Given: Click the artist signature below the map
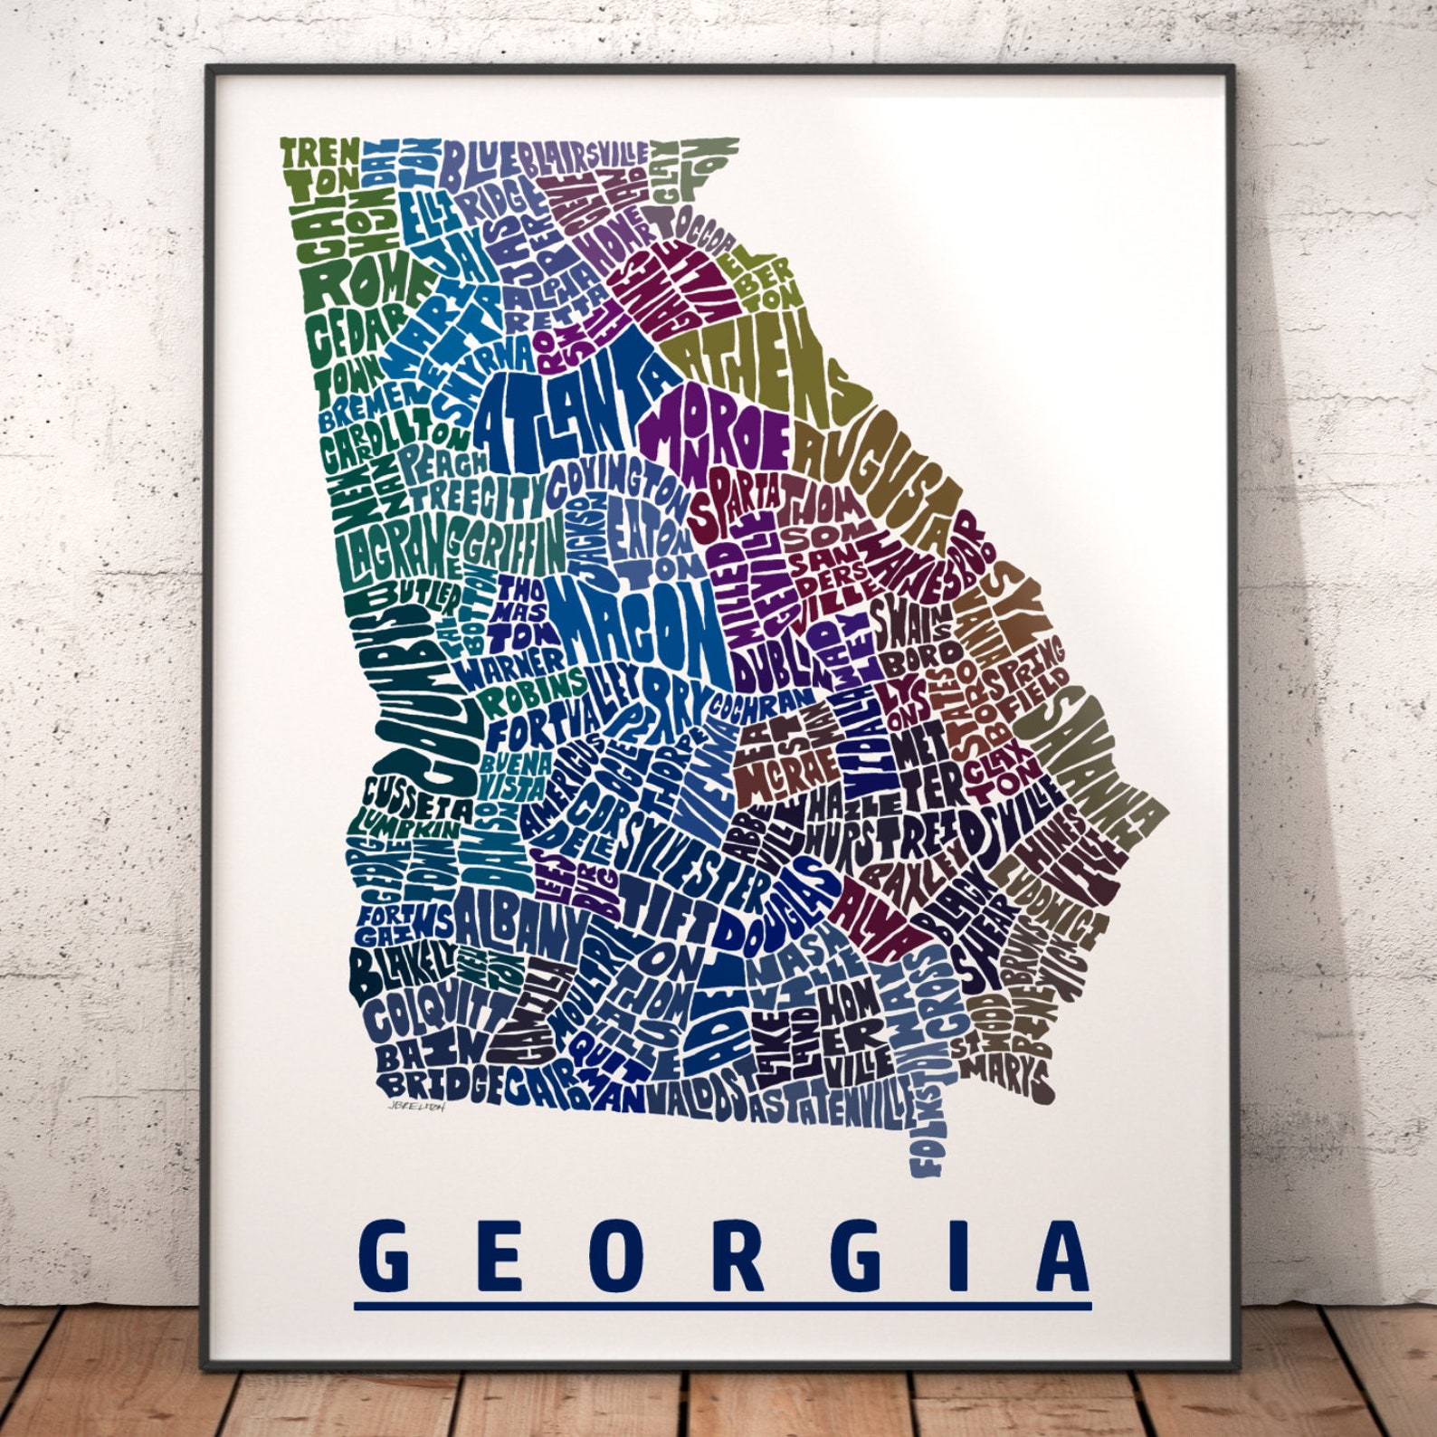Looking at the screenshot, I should [415, 1105].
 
